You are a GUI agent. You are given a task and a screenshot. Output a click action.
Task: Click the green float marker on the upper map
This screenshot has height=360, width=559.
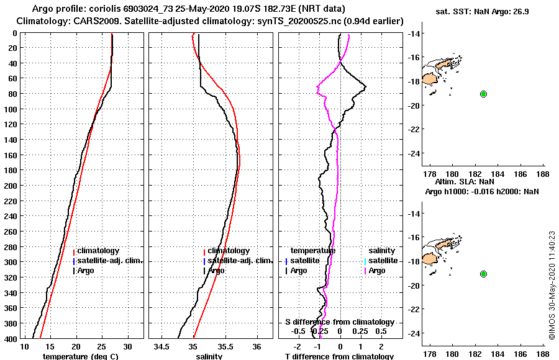(x=483, y=94)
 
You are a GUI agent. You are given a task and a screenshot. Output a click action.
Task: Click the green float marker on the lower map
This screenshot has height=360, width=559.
(x=483, y=274)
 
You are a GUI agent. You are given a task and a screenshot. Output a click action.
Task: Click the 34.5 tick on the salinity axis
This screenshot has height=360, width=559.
(x=162, y=346)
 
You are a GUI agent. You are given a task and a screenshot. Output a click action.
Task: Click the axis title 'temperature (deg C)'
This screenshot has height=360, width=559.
(x=80, y=356)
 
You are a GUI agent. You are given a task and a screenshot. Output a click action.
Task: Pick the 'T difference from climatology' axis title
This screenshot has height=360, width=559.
(x=339, y=356)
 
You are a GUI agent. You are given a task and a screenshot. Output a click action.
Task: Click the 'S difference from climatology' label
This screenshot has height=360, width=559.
(x=339, y=322)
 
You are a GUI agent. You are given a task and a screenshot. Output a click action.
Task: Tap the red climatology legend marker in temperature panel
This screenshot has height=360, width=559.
(x=74, y=251)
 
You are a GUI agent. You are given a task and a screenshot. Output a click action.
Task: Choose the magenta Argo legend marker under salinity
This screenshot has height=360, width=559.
(x=366, y=271)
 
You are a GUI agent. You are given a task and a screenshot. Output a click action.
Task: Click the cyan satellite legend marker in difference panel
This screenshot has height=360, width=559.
(x=366, y=261)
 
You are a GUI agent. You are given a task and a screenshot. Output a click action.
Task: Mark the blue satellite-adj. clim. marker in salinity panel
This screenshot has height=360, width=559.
(x=204, y=261)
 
